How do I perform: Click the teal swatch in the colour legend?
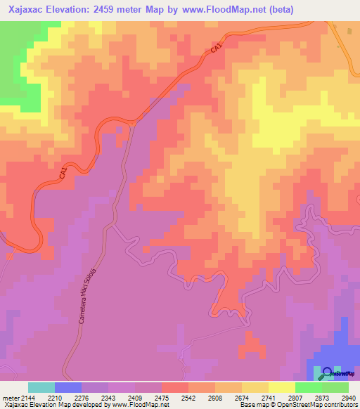pyautogui.click(x=41, y=387)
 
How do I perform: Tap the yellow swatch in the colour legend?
pyautogui.click(x=281, y=387)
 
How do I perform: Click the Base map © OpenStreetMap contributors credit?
pyautogui.click(x=298, y=405)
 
